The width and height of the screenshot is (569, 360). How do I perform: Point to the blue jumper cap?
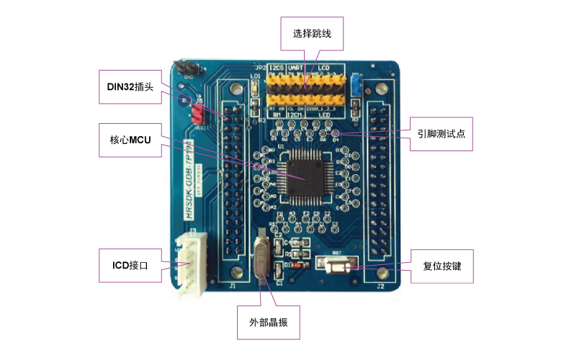pos(354,84)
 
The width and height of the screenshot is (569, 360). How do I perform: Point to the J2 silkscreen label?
pos(380,287)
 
